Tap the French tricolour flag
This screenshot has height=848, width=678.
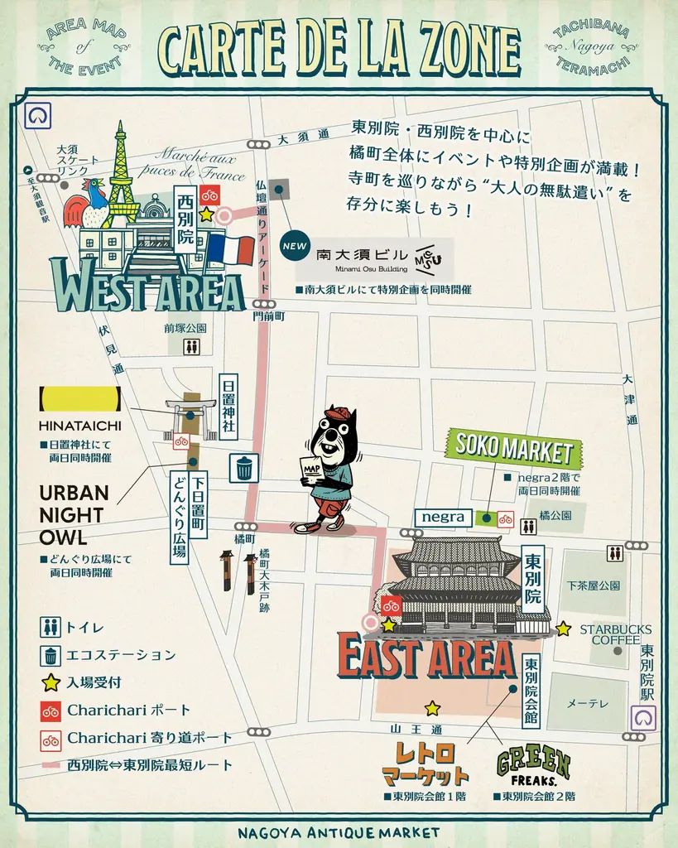coord(229,249)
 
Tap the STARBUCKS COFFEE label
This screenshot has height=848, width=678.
coord(615,634)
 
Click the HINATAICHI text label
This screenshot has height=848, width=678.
coord(79,425)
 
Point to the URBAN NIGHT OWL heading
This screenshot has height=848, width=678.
coord(74,515)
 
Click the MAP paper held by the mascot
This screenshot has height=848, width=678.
coord(312,469)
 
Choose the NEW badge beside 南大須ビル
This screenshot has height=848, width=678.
coord(294,246)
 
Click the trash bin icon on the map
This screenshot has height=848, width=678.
coord(243,468)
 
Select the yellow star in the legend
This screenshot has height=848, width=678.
coord(50,682)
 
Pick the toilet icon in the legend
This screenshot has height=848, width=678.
coord(50,627)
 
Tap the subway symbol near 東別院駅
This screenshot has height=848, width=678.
coord(643,717)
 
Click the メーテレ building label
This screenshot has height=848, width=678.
coord(587,703)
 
